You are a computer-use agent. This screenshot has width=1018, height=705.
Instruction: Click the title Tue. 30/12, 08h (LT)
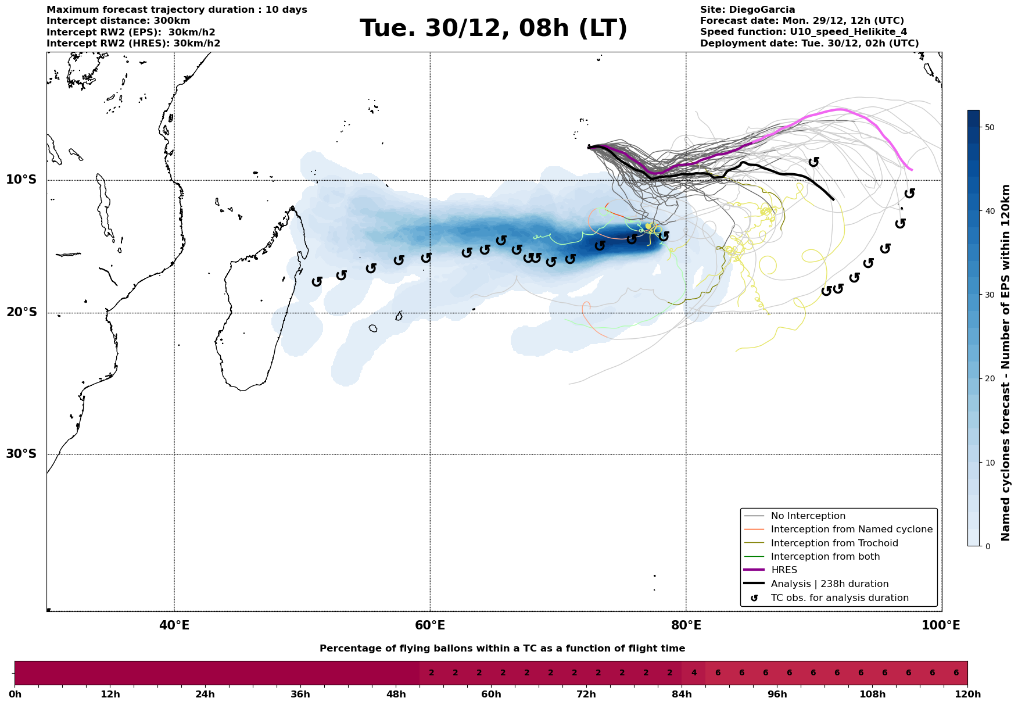(493, 28)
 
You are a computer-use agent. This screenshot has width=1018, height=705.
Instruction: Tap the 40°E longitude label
(174, 625)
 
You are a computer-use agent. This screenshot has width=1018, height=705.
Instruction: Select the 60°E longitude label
(430, 625)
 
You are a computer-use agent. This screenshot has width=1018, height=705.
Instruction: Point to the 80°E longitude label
(686, 625)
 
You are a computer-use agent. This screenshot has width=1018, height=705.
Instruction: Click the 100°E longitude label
(941, 625)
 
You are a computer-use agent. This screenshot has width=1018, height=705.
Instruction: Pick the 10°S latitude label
(21, 180)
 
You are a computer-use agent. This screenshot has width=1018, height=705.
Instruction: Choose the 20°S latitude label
(21, 313)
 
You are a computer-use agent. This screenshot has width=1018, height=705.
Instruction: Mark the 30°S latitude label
(21, 454)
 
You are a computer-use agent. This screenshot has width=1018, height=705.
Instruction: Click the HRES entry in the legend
(784, 570)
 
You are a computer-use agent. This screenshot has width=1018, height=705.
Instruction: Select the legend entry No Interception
(808, 516)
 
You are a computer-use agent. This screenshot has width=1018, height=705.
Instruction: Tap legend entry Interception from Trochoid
(834, 543)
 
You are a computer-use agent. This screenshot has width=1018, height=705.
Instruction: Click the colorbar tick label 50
(991, 127)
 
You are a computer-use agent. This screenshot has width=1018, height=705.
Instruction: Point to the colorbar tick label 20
(991, 379)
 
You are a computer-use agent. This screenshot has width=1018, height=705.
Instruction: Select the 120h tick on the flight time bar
(967, 695)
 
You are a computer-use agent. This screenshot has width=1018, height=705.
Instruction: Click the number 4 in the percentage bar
(693, 673)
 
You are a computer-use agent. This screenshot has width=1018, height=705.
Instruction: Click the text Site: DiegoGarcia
(747, 10)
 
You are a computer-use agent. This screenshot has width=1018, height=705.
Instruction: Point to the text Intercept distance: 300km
(118, 21)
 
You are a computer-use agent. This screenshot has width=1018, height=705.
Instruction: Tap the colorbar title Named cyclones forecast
(1006, 363)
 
